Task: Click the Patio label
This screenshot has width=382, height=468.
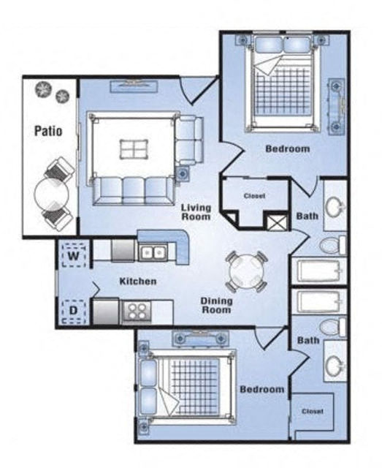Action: pos(48,131)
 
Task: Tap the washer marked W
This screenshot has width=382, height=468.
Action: pos(75,255)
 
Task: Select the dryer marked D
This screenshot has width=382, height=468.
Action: pos(74,311)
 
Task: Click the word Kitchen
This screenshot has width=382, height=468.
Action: pos(138,281)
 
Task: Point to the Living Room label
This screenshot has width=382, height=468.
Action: pos(196,212)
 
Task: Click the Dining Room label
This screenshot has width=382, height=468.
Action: pos(216,306)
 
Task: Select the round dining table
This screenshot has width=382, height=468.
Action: pos(246,272)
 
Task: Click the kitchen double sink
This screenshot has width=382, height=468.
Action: pos(153,252)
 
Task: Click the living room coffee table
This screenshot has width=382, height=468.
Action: pos(134,149)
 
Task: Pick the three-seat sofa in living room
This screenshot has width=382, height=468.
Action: pos(133,191)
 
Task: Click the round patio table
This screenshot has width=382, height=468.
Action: pos(52,195)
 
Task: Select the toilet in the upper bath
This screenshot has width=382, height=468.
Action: pos(332,246)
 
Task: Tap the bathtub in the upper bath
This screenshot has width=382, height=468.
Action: pos(319,271)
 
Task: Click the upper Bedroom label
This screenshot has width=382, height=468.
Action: pos(288,148)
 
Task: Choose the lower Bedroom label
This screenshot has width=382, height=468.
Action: pos(262,390)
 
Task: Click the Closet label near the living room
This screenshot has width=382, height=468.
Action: pos(255,196)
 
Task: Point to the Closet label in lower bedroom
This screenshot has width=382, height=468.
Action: pos(313,411)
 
